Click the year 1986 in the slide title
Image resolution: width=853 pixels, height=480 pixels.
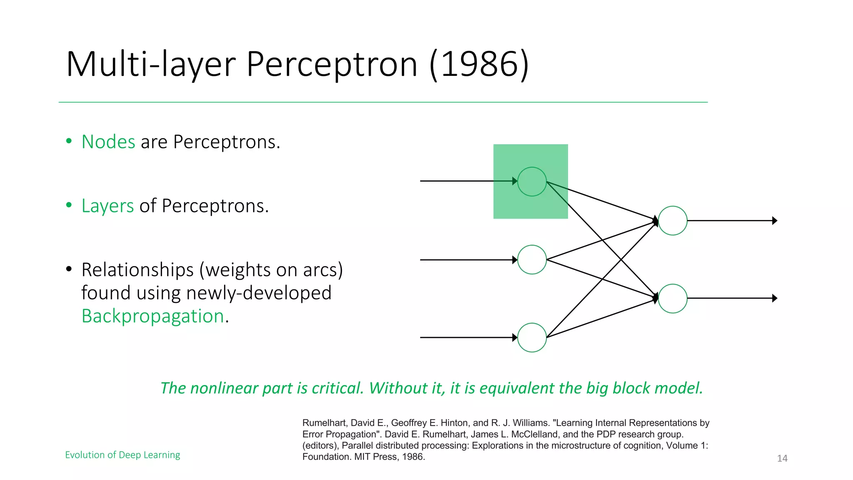coord(479,64)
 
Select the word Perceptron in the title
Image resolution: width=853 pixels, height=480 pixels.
coord(332,65)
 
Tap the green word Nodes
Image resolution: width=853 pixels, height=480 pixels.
coord(108,142)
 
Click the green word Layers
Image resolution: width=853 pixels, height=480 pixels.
coord(107,206)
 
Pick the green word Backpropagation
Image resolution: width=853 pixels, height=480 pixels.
coord(153,316)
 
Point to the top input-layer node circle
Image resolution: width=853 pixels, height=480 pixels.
coord(532,182)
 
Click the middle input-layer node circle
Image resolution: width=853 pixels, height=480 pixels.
coord(532,260)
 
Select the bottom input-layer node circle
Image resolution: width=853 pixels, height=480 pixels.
coord(532,337)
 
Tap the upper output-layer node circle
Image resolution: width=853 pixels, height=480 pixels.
coord(673,221)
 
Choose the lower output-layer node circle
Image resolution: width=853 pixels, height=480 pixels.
coord(673,298)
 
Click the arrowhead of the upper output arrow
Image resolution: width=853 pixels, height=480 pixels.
coord(775,221)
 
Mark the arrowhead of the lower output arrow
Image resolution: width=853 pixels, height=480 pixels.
coord(775,298)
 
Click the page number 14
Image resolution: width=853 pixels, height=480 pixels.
coord(782,458)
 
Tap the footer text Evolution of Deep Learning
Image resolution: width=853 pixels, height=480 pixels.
coord(122,455)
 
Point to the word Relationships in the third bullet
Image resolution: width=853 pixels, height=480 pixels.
coord(137,270)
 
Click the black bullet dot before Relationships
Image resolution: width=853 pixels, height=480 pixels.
coord(69,269)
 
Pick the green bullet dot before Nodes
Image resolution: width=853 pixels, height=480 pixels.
coord(69,141)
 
